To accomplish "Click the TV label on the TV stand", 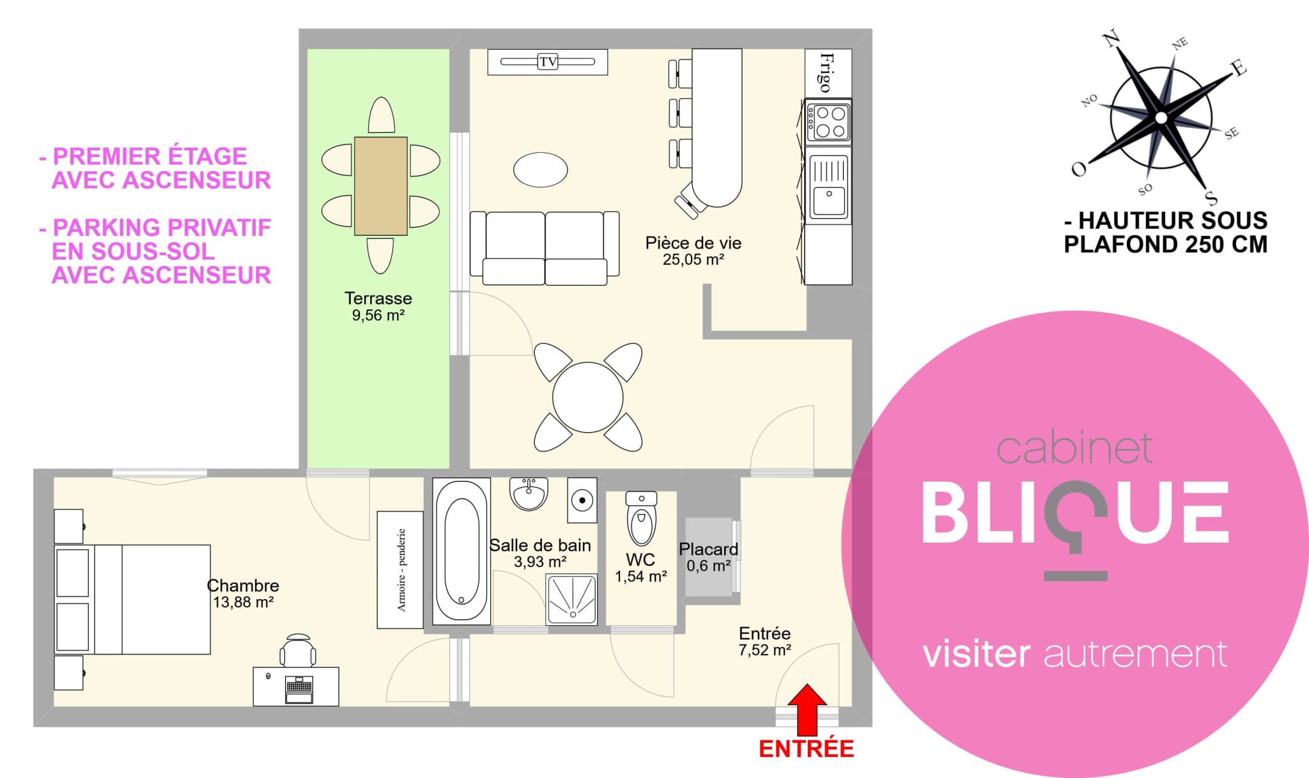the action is (x=548, y=62).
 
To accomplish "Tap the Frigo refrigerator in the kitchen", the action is (x=828, y=73).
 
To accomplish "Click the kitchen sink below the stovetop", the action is (x=829, y=186).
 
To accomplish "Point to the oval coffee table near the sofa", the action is (x=541, y=169).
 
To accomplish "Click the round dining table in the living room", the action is (x=588, y=397).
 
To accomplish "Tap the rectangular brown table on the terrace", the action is (x=381, y=186).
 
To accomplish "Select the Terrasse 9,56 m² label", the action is (x=378, y=306).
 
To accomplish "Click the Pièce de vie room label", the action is (x=693, y=243).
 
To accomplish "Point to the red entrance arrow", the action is (x=807, y=710).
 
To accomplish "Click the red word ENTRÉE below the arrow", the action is (x=807, y=749).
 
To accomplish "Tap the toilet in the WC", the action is (x=642, y=518).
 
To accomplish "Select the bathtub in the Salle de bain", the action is (x=461, y=551).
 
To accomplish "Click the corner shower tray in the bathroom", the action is (x=571, y=599).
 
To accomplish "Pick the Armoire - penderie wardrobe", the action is (x=400, y=570).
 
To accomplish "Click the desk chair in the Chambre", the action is (x=298, y=651).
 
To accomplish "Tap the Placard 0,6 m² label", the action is (x=708, y=557).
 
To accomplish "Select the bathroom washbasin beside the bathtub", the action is (x=529, y=494).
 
